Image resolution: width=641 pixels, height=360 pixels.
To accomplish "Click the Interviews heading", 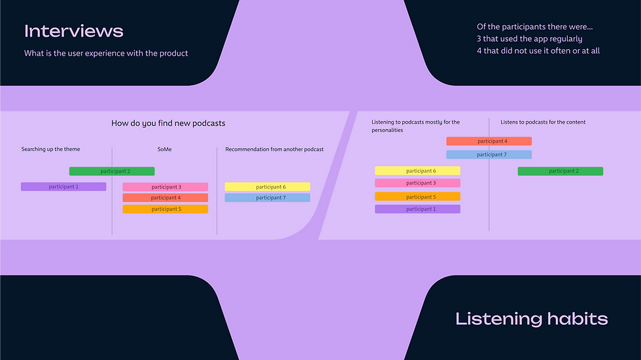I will point(73,31).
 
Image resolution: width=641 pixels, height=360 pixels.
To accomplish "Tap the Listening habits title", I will point(531,319).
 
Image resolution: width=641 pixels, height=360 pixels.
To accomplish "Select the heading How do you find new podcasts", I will point(168,123).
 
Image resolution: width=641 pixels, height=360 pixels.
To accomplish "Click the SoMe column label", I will point(164,149).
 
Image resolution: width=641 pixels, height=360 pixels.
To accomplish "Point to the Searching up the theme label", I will point(50,149).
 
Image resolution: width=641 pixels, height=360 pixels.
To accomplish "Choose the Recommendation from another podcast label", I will point(274,149).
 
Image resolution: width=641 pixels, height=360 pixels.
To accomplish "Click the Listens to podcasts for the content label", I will point(543,122).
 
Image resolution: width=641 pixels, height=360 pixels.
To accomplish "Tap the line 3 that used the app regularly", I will point(529,39).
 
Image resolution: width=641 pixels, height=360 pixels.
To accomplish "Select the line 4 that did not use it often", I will point(538,50).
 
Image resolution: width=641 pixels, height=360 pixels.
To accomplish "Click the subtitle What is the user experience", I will point(106,53).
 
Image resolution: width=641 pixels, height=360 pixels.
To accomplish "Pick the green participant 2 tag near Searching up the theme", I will point(112,171).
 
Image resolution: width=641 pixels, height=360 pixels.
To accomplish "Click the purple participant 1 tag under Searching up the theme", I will point(63,187).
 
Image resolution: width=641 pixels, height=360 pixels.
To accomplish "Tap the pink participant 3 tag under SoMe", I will point(165,187).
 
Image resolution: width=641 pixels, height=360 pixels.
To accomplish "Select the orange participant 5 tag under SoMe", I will point(165,209).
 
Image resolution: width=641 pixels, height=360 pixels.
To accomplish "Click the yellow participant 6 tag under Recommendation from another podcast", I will point(268,187).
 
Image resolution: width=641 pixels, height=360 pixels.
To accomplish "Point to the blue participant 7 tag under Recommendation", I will point(268,198).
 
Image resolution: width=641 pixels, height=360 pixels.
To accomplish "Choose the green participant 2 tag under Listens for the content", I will point(561,171).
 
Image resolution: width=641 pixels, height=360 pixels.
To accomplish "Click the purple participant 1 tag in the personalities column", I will point(417,209).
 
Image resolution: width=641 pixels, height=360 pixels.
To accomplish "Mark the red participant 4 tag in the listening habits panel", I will point(489,141).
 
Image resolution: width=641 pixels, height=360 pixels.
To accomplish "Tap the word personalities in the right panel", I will point(387,130).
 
